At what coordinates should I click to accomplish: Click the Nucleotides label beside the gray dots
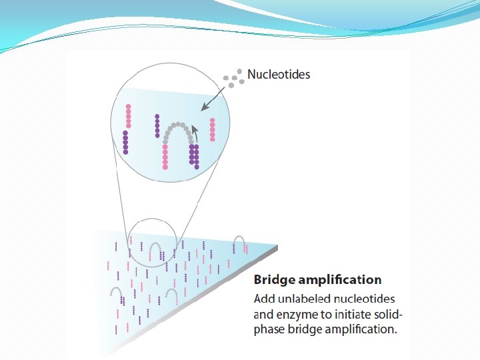(x=279, y=74)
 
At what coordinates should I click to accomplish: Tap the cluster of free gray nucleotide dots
(x=232, y=79)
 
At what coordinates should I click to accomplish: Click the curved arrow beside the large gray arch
(x=195, y=129)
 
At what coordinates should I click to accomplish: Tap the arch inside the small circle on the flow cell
(x=155, y=250)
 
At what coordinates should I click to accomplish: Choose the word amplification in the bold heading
(x=341, y=279)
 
